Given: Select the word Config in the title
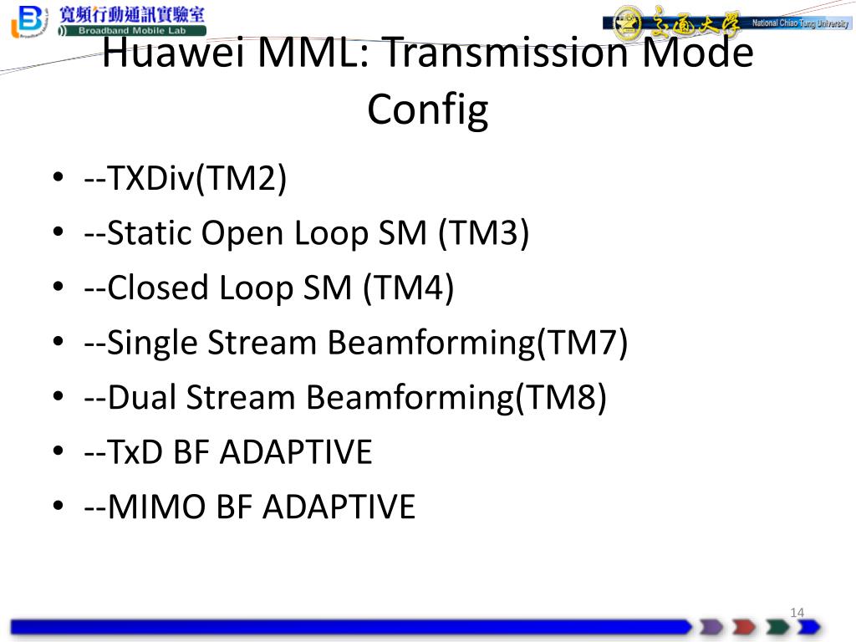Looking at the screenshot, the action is (427, 110).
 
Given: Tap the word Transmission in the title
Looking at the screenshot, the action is (506, 53).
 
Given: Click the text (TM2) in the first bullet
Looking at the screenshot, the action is (241, 179).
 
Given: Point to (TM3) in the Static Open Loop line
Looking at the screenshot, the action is (484, 234).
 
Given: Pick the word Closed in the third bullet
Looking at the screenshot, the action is (158, 288).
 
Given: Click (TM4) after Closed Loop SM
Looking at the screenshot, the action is (408, 288).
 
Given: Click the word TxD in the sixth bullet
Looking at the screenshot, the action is (135, 452).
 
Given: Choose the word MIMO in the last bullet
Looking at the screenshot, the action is (156, 507).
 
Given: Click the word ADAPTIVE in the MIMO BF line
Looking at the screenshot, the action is (339, 507).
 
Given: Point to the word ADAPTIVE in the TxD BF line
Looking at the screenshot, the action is (296, 452).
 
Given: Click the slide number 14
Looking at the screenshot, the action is (797, 613).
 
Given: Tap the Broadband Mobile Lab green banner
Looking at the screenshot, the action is (132, 31).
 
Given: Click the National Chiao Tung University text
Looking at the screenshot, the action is (800, 23).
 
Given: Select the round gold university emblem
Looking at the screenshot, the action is (627, 23).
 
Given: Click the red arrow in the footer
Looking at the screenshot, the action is (744, 627).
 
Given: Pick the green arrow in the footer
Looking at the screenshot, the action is (777, 627).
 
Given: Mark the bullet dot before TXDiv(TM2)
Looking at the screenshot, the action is (59, 177).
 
